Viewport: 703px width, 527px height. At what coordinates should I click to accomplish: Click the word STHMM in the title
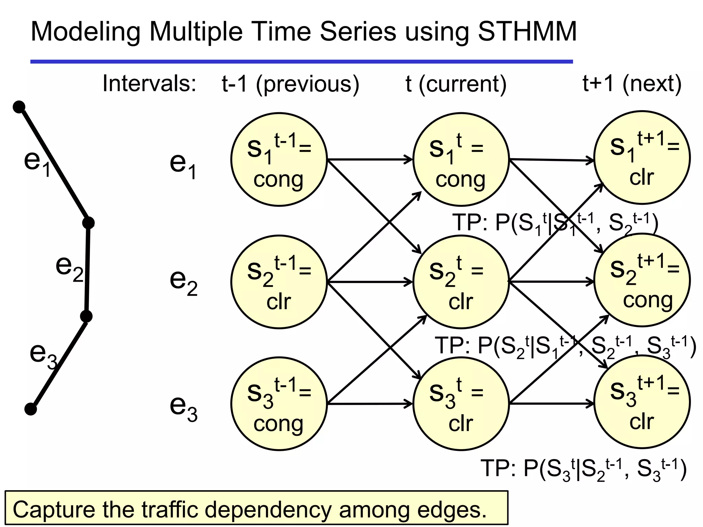pyautogui.click(x=527, y=32)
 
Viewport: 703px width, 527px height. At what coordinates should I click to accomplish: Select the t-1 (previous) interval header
pyautogui.click(x=290, y=84)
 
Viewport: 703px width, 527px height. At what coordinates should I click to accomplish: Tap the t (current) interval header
pyautogui.click(x=456, y=84)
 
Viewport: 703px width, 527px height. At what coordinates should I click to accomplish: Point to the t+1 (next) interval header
pyautogui.click(x=632, y=84)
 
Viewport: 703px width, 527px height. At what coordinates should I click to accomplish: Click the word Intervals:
pyautogui.click(x=149, y=84)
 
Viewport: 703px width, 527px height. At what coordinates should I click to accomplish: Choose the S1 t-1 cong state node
pyautogui.click(x=279, y=160)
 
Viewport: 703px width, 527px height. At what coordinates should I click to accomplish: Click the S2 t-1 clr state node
pyautogui.click(x=279, y=282)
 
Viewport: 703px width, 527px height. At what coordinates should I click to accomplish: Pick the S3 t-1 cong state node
pyautogui.click(x=279, y=404)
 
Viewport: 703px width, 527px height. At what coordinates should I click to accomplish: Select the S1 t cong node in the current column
pyautogui.click(x=461, y=160)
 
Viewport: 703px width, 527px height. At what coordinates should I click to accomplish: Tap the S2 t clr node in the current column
pyautogui.click(x=461, y=282)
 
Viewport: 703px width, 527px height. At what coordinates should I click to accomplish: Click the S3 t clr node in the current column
pyautogui.click(x=461, y=404)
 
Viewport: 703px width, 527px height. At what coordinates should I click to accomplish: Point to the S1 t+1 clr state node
pyautogui.click(x=642, y=158)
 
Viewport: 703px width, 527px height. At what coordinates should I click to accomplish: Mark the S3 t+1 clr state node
pyautogui.click(x=642, y=402)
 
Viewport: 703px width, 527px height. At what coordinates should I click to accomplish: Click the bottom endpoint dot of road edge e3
pyautogui.click(x=31, y=409)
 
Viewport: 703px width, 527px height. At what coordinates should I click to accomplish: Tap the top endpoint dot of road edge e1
pyautogui.click(x=19, y=107)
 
